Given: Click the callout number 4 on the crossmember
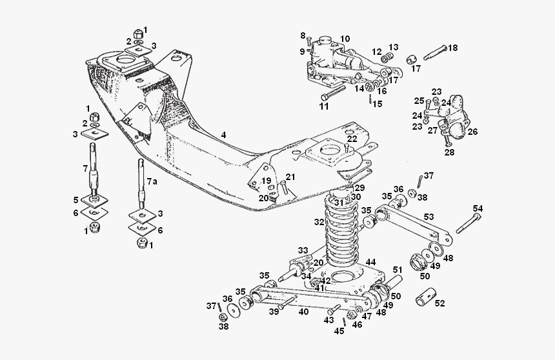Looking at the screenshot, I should (x=223, y=135).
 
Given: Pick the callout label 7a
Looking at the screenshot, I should (x=152, y=182).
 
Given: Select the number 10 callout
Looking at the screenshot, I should (x=345, y=39).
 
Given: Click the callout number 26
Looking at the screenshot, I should (x=472, y=132).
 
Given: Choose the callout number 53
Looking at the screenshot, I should (x=429, y=217).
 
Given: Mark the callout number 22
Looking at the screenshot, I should (x=351, y=139).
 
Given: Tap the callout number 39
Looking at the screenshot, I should (x=274, y=312).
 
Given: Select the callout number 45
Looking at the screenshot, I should (x=339, y=332).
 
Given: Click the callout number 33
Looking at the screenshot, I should (x=303, y=250).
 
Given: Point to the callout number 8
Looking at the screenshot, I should (x=303, y=35).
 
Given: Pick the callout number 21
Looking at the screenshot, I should (x=290, y=177).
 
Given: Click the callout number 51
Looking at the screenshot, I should (x=398, y=270).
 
